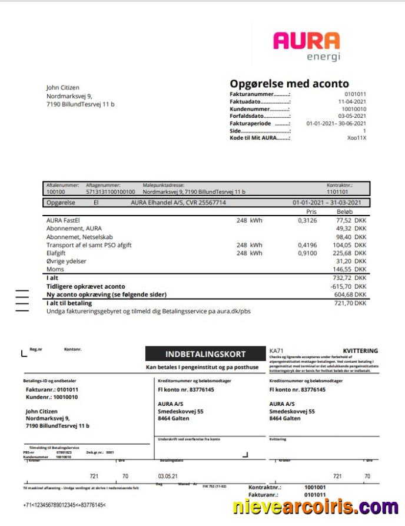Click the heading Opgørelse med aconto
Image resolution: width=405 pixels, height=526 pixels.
tap(289, 84)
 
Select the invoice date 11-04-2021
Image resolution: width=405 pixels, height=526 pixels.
tap(352, 101)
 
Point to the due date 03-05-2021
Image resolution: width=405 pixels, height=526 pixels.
tap(352, 116)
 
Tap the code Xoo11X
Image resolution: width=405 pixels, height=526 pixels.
tap(357, 138)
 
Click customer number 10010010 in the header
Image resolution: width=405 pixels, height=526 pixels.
tap(354, 109)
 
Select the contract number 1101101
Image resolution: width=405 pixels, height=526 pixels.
tap(337, 192)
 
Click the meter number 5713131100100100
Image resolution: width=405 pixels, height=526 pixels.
tap(110, 192)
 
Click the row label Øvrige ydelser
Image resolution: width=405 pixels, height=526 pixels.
tap(67, 261)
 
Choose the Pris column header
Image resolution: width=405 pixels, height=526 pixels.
tap(311, 211)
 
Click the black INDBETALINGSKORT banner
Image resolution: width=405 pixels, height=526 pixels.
tap(205, 354)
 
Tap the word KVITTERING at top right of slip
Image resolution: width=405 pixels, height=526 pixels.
tap(360, 351)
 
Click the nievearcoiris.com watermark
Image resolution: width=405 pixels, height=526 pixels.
tap(316, 507)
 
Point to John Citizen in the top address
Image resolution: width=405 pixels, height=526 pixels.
tap(62, 88)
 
